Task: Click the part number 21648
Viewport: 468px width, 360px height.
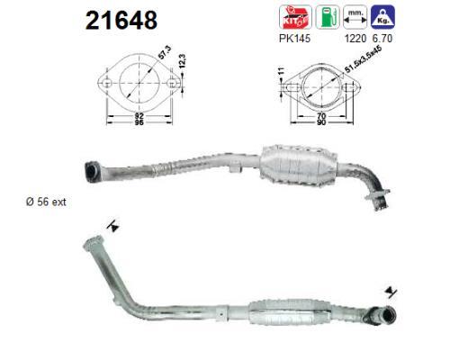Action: [121, 21]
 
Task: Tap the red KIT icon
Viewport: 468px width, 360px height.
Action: [295, 17]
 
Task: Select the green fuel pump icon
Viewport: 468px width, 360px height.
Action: [328, 17]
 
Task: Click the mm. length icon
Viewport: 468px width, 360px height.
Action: [355, 17]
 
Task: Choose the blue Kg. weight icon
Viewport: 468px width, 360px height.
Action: [382, 17]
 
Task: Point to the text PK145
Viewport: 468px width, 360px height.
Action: [294, 39]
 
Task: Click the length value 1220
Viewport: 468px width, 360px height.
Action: [355, 39]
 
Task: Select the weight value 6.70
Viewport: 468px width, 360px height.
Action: [382, 39]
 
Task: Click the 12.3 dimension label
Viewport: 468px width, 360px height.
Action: [183, 61]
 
